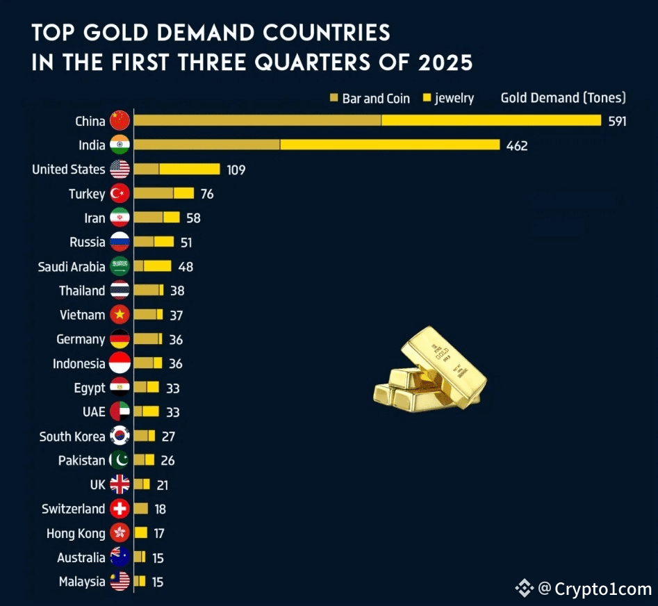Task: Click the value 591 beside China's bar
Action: [617, 121]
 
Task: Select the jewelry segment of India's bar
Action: [390, 145]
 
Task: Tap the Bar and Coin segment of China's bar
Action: [257, 120]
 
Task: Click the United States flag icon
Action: [120, 170]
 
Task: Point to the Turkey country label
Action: [87, 194]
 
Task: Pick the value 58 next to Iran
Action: [193, 218]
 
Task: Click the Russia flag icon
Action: [120, 243]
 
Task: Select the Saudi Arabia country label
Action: [72, 266]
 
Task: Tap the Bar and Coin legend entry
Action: [370, 98]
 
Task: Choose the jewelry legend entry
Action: [448, 98]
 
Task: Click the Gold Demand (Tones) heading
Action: [563, 97]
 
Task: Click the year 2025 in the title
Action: [445, 63]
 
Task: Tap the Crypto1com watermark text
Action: [603, 589]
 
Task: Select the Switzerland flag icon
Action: [120, 509]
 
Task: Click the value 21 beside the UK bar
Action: [162, 485]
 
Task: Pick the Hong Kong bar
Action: [141, 533]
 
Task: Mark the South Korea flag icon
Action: [120, 436]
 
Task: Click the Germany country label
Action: [81, 339]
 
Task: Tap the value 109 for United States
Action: [236, 170]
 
